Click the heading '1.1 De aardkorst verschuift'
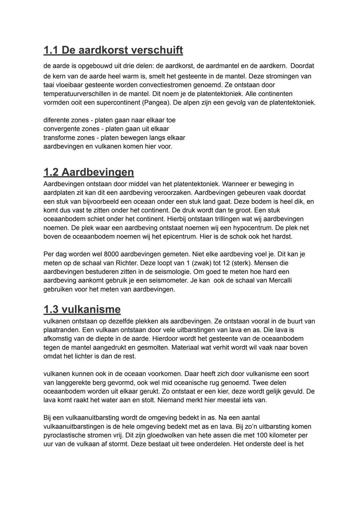113,50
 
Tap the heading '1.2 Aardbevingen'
89,172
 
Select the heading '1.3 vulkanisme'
82,309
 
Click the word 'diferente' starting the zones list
56,120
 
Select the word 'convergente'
60,129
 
